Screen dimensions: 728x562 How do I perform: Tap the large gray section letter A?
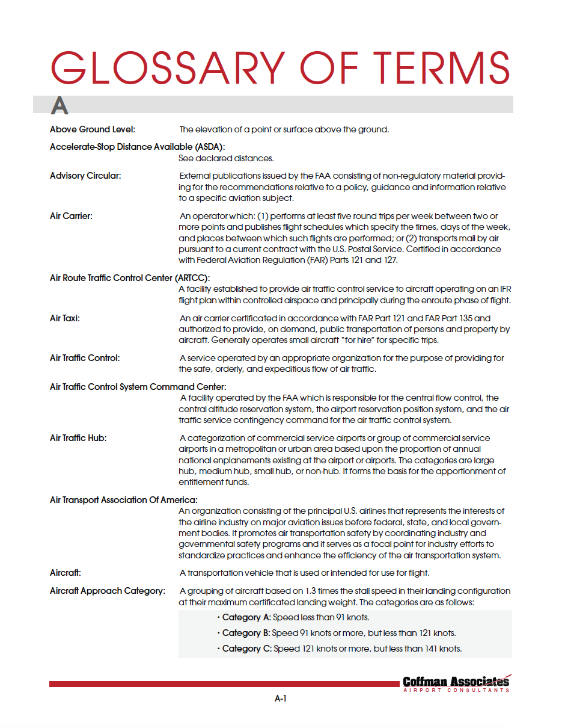pos(60,106)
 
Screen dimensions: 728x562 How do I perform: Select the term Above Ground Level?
pos(93,129)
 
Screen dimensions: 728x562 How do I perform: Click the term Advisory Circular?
pos(85,176)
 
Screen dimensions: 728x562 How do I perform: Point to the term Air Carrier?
pos(71,215)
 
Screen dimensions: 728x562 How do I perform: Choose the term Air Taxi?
pos(65,318)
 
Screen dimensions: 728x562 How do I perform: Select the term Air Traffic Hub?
pos(78,438)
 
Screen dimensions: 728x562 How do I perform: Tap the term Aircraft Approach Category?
pos(107,591)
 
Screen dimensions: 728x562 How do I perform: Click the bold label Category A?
pos(246,617)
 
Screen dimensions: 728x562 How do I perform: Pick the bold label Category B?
pos(246,633)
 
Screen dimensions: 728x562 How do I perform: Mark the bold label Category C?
pos(246,649)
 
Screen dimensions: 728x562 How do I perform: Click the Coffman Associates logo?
pos(456,683)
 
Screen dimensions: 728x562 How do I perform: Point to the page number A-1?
pos(280,699)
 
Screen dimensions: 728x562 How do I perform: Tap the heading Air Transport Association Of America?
pos(124,500)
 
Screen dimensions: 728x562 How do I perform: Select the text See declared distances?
pos(226,158)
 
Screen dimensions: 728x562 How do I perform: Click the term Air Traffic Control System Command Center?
pos(138,387)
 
